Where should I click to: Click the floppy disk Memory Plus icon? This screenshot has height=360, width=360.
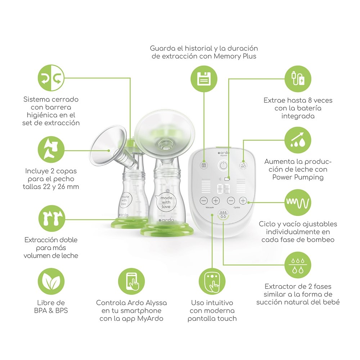[x=204, y=78]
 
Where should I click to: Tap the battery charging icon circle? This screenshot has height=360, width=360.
[x=298, y=79]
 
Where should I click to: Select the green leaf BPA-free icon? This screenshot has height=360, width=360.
[x=51, y=281]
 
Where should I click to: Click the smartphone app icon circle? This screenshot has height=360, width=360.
[x=131, y=281]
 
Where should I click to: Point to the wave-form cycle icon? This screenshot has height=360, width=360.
[x=298, y=202]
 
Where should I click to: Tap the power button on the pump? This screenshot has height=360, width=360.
[x=224, y=165]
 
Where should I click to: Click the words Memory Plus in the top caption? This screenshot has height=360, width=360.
[x=235, y=56]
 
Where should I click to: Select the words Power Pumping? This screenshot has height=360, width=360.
[x=298, y=177]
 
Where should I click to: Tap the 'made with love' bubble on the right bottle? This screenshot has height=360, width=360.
[x=166, y=202]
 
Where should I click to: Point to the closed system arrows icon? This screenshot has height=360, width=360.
[x=51, y=78]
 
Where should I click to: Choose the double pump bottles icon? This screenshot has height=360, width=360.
[x=51, y=219]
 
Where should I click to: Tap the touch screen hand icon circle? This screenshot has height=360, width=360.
[x=212, y=281]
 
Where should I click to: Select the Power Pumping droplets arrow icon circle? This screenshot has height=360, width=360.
[x=298, y=140]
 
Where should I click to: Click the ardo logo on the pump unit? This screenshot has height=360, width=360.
[x=224, y=153]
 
